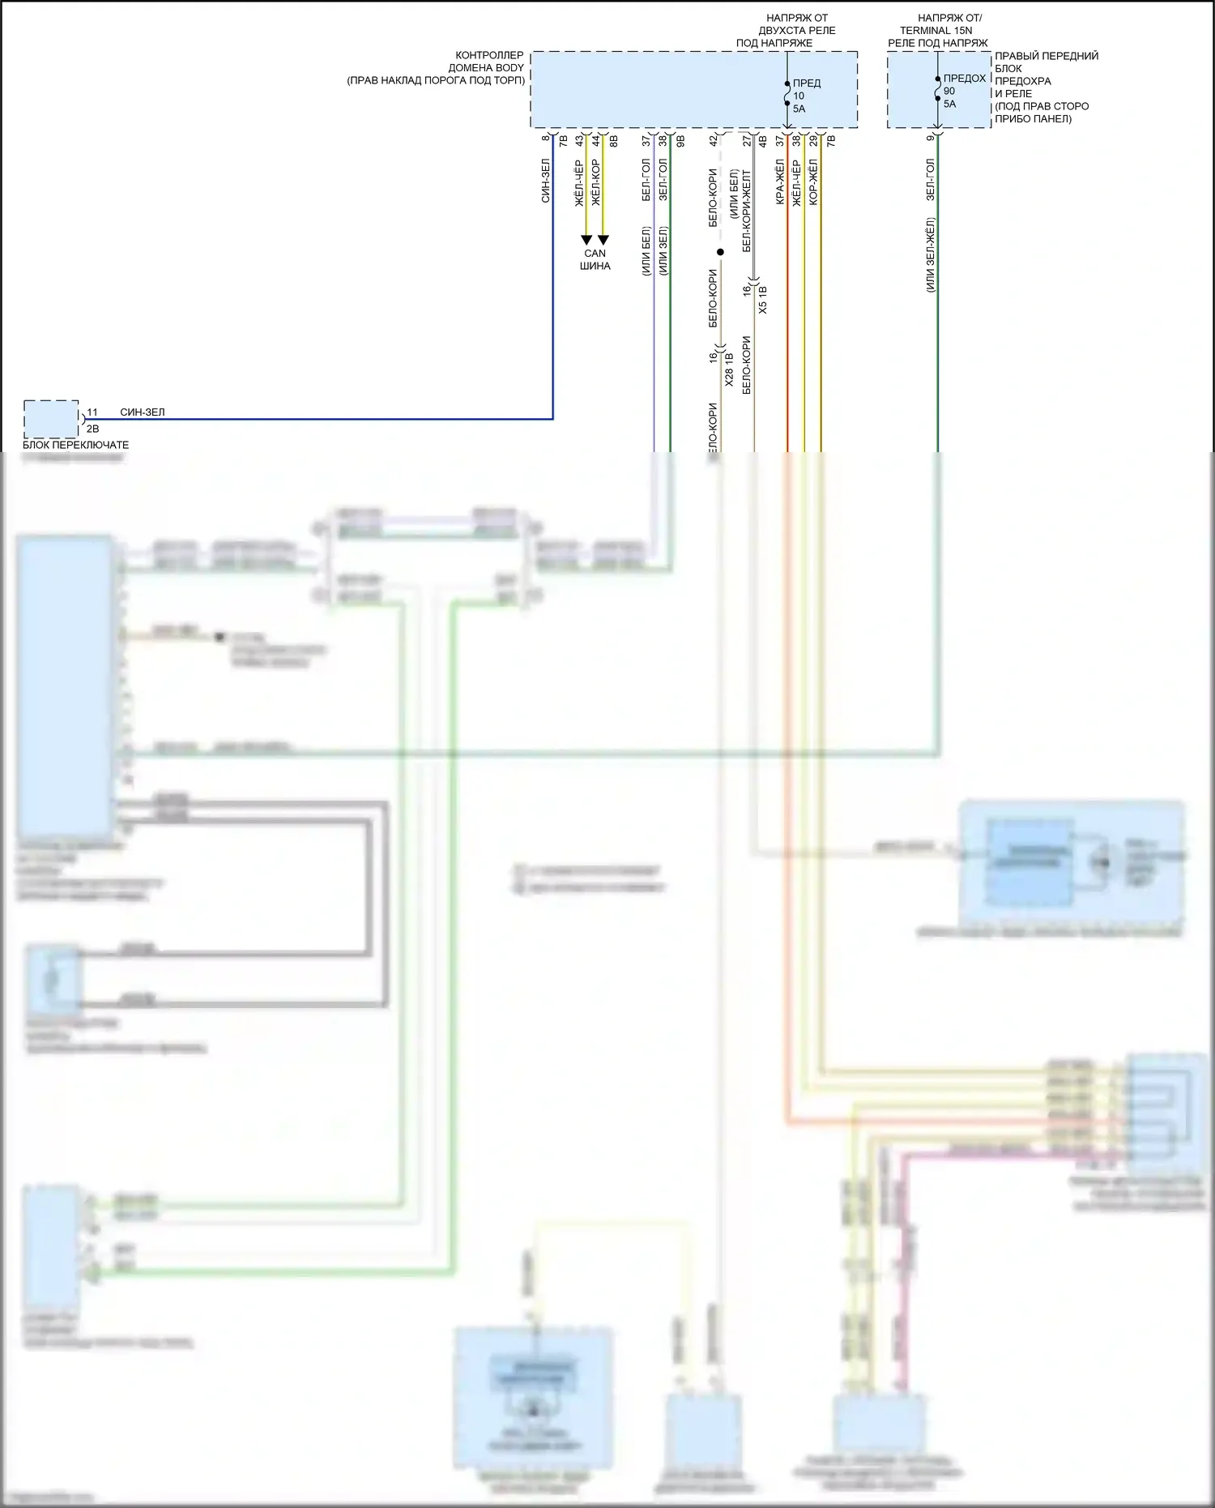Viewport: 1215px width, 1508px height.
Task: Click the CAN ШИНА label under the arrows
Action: click(x=595, y=259)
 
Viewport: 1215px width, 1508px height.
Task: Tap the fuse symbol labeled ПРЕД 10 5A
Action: click(x=787, y=94)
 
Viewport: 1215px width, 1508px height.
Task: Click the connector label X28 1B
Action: click(x=729, y=369)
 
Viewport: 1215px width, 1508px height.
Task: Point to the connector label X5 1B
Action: click(x=763, y=299)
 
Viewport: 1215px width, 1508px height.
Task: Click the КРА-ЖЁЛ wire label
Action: click(x=780, y=182)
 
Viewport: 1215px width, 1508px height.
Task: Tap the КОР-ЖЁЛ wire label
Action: click(x=813, y=182)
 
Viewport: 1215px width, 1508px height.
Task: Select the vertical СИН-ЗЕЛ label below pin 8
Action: click(x=546, y=180)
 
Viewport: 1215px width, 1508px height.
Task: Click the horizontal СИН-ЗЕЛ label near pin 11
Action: click(x=143, y=412)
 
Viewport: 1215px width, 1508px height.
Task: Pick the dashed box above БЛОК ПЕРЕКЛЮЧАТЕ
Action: click(x=51, y=419)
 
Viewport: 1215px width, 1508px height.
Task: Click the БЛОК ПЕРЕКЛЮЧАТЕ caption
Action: click(x=75, y=445)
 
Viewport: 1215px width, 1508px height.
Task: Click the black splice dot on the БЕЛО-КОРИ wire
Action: click(x=720, y=252)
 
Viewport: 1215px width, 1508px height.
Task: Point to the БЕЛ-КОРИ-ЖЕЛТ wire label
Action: click(x=747, y=211)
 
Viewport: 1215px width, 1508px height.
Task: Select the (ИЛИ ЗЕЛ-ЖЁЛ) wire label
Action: click(x=930, y=254)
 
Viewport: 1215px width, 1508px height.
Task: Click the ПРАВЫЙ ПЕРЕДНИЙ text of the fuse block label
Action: click(x=1047, y=56)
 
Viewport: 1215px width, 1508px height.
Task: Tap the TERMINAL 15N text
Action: click(x=936, y=30)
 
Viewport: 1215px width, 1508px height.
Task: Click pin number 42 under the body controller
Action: click(x=714, y=140)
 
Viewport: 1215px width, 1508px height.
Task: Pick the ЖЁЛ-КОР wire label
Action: click(x=596, y=182)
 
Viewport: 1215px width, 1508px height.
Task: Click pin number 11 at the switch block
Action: click(x=92, y=412)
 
